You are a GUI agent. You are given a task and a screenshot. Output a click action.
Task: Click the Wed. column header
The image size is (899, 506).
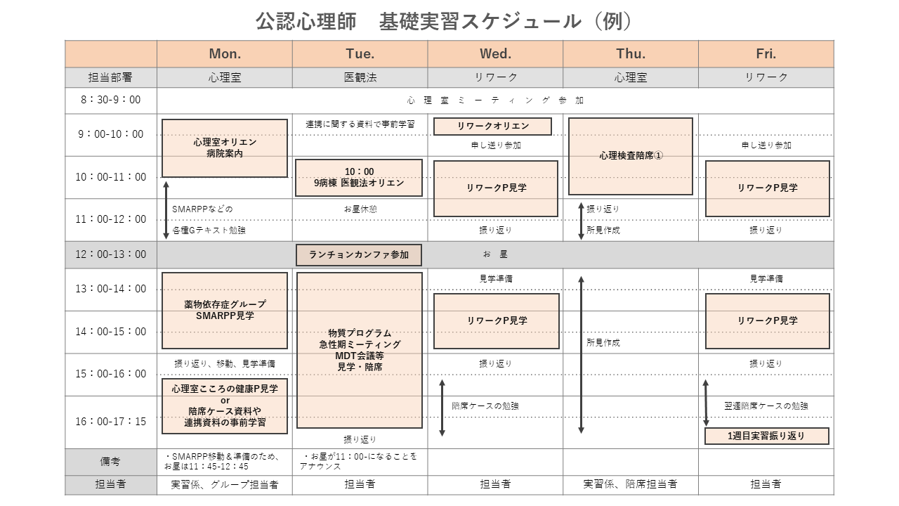coord(495,54)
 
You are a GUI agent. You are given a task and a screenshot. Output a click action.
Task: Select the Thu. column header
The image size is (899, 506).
coord(631,54)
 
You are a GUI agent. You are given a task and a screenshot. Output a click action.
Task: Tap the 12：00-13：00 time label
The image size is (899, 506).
coord(111,254)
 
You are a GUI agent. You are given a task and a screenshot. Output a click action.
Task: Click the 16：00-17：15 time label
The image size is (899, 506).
coord(111,421)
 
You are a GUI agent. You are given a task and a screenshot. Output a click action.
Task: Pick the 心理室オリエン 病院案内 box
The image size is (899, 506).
coord(225,148)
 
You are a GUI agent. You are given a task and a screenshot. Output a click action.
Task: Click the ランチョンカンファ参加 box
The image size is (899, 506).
coord(359,255)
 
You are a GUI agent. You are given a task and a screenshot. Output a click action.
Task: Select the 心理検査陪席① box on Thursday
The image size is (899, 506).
coord(631,156)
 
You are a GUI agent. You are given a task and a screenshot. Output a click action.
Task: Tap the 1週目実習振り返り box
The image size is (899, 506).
coord(766,436)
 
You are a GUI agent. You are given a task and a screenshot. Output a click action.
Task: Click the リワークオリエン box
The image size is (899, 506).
coord(492,126)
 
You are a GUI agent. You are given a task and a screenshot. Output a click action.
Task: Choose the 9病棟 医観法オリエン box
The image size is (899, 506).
coord(359,178)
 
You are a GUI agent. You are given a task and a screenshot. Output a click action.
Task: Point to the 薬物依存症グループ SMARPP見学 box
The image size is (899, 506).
coord(225,311)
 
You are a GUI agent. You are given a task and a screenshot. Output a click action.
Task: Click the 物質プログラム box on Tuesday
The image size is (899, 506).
coord(359,350)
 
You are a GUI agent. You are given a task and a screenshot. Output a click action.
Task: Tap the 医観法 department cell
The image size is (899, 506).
coord(360,77)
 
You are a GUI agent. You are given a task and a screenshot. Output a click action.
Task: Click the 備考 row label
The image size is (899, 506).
coord(111,462)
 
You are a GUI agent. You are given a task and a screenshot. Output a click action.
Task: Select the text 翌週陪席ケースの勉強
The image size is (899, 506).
coord(766,406)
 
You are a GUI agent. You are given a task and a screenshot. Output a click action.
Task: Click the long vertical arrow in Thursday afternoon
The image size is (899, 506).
coord(581,355)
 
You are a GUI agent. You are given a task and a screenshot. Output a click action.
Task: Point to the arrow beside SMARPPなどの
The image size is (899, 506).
coord(166,210)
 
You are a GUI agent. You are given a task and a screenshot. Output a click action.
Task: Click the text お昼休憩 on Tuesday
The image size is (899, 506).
coord(360,209)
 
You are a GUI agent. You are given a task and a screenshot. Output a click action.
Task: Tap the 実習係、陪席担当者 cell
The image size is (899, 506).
coord(631,484)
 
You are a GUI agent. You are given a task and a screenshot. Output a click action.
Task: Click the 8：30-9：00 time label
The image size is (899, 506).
coord(111,100)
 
